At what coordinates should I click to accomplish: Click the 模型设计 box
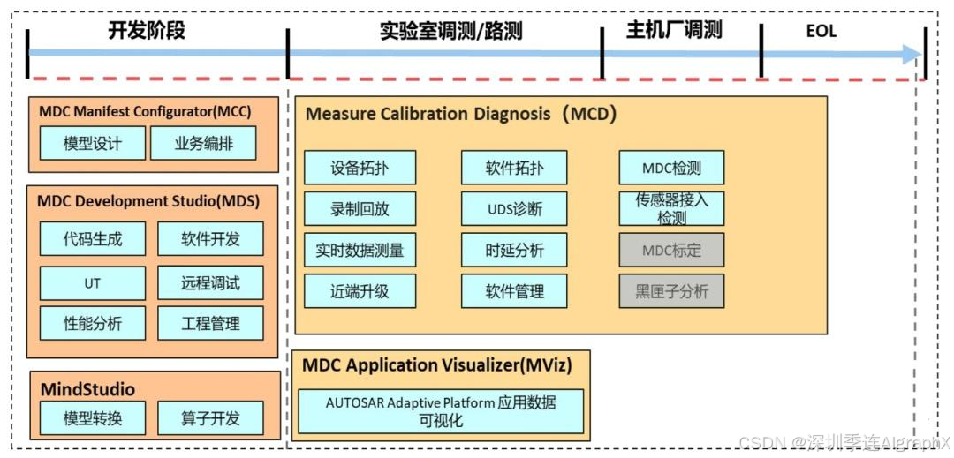92,143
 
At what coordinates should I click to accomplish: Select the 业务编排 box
203,143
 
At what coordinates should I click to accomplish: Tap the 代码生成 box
92,238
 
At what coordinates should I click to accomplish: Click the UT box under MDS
92,283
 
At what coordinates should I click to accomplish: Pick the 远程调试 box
210,283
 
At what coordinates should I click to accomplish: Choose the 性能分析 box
92,324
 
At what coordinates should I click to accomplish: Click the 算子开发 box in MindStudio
210,418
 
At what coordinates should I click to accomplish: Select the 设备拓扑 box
360,168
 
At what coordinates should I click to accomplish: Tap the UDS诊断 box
514,209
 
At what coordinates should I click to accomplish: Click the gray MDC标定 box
671,250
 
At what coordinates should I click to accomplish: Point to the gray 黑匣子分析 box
671,291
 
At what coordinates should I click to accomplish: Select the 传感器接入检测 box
671,208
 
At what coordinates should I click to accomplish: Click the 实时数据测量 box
360,250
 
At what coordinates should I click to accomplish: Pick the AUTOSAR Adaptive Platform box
441,411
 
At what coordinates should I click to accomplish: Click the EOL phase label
821,32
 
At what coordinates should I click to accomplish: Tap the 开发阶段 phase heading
147,30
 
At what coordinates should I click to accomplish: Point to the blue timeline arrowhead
912,54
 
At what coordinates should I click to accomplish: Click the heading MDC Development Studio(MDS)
148,201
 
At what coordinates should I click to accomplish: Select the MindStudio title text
87,389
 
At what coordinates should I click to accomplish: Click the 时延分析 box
514,250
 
